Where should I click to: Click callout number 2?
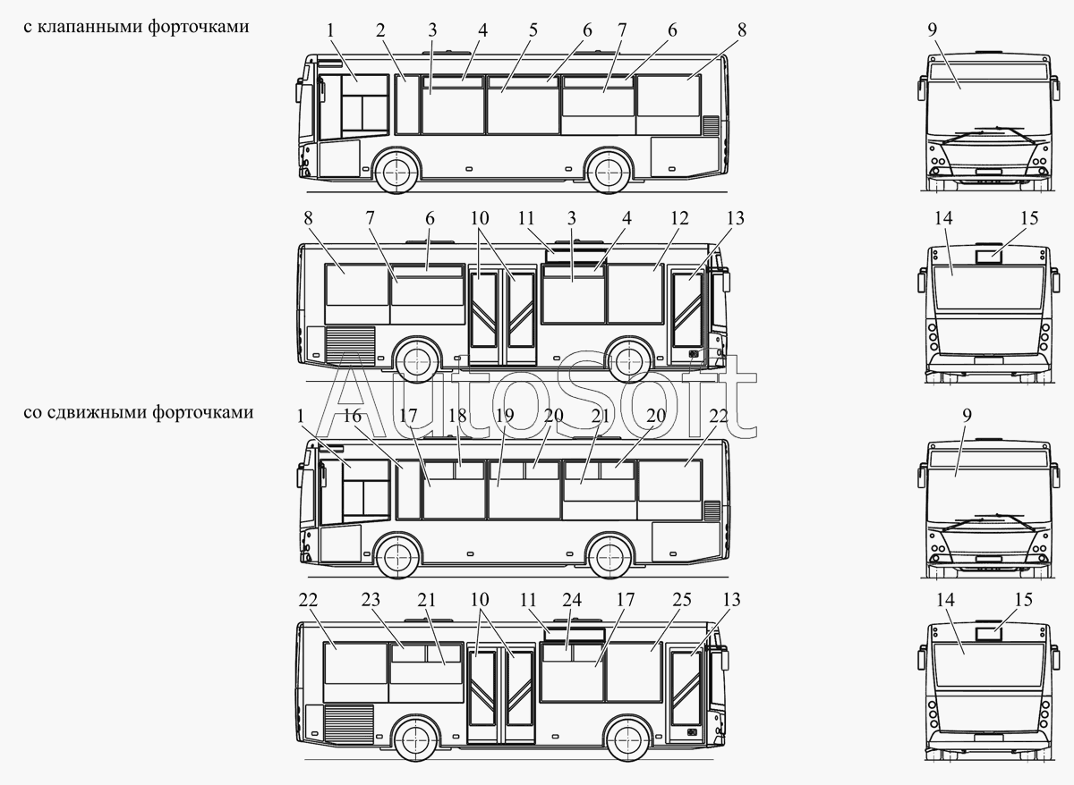coord(380,30)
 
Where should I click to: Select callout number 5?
coord(533,30)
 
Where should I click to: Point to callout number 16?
coord(352,416)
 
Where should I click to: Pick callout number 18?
coord(457,416)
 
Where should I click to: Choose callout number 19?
coord(504,416)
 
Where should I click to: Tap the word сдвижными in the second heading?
coord(94,412)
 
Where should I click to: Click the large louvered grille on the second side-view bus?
coord(350,343)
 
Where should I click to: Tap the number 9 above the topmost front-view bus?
coord(933,30)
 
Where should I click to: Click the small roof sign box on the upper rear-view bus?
coord(988,256)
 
